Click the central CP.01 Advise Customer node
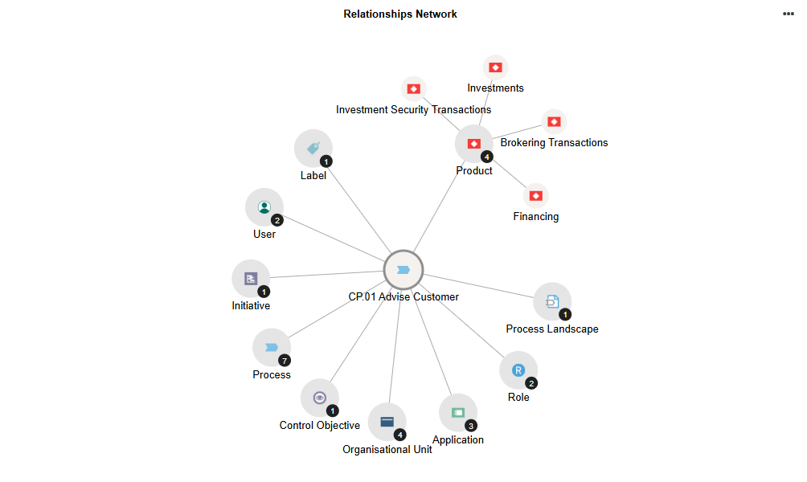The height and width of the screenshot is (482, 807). tap(403, 270)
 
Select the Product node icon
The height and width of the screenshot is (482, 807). tap(474, 144)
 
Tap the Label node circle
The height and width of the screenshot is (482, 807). tap(313, 148)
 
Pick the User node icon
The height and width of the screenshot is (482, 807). tap(264, 207)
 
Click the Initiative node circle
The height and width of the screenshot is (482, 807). tap(251, 279)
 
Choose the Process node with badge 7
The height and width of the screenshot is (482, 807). tap(272, 348)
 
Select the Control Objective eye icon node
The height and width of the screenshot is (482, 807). tap(320, 398)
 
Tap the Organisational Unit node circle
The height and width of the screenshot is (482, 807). tap(387, 422)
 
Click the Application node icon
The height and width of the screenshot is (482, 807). tap(458, 412)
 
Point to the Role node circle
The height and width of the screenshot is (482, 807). tap(518, 370)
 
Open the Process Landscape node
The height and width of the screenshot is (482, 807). tap(552, 302)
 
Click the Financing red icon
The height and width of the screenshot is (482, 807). tap(535, 195)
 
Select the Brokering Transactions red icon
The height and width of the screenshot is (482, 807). tap(554, 122)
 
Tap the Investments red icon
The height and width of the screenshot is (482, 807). tap(495, 67)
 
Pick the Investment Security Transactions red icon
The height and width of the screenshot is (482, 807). tap(414, 88)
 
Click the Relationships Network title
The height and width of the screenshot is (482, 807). tap(400, 14)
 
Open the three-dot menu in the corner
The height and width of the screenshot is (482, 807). tap(789, 14)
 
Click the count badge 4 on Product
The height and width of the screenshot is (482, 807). tap(487, 157)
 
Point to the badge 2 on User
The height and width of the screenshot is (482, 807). tap(277, 220)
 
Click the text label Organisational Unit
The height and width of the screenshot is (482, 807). tap(387, 450)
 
